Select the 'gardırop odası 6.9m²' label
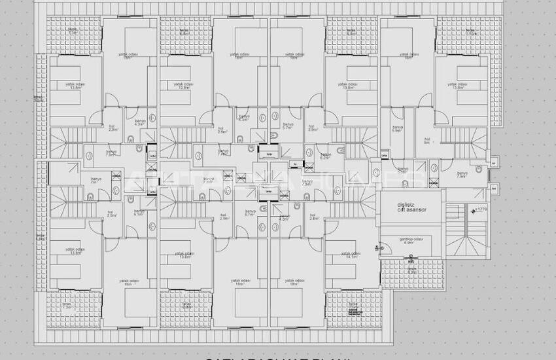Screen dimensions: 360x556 pyautogui.click(x=410, y=241)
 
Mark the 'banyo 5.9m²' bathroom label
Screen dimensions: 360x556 pyautogui.click(x=396, y=129)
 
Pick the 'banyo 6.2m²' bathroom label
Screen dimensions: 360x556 pyautogui.click(x=324, y=156)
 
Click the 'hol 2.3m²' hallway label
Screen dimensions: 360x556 pyautogui.click(x=111, y=129)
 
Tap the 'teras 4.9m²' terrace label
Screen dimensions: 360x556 pyautogui.click(x=411, y=270)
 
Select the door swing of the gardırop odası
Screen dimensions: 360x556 pyautogui.click(x=379, y=248)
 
